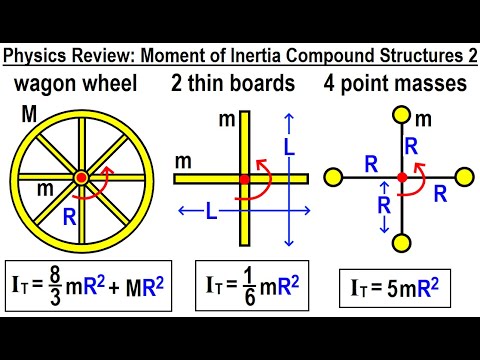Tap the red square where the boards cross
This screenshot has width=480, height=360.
(x=243, y=179)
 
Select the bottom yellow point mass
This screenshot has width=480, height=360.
(x=402, y=242)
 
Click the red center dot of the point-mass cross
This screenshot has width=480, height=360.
(x=402, y=177)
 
